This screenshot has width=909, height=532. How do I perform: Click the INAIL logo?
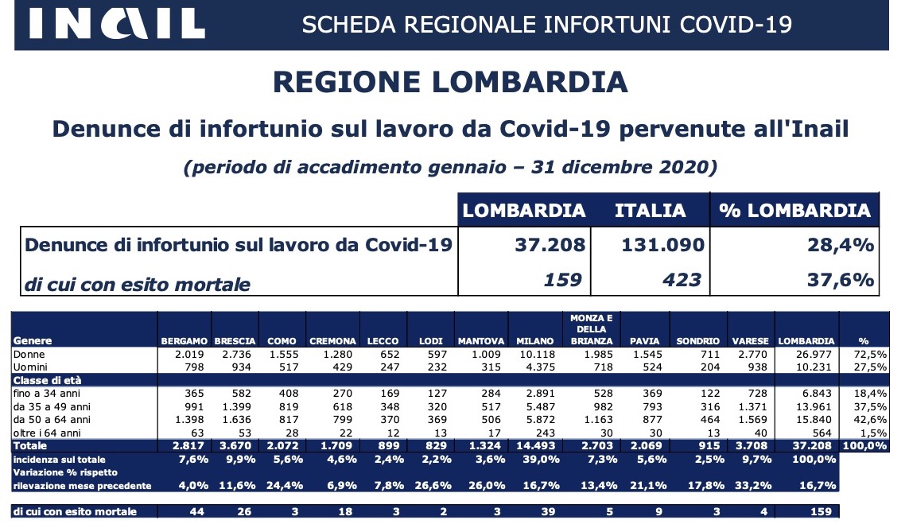click(x=117, y=24)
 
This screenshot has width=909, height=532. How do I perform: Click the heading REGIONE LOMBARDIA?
click(x=450, y=82)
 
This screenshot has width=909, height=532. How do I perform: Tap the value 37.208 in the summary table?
click(x=550, y=245)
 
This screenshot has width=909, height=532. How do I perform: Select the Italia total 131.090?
click(x=662, y=245)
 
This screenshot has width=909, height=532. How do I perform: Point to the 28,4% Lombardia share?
click(x=841, y=245)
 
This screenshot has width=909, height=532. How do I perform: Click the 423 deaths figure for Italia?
click(x=682, y=280)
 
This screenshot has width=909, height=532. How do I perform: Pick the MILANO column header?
click(x=534, y=341)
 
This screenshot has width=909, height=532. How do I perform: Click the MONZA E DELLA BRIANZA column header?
click(x=592, y=329)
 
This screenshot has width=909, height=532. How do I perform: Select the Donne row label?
click(x=29, y=354)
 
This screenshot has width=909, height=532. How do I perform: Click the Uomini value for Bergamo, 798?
click(x=194, y=367)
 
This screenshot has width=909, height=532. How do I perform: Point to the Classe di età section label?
click(x=47, y=380)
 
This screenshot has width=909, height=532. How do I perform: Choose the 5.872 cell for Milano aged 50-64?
click(x=540, y=420)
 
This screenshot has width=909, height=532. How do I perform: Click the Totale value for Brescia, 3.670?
click(x=235, y=445)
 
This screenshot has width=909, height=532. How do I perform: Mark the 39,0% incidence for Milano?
click(x=542, y=459)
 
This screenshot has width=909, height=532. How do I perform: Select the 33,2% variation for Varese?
click(x=752, y=486)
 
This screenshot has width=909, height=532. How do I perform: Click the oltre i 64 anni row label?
click(x=47, y=433)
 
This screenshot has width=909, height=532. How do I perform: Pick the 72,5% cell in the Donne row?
click(x=870, y=354)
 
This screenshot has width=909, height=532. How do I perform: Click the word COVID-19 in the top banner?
click(x=736, y=25)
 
